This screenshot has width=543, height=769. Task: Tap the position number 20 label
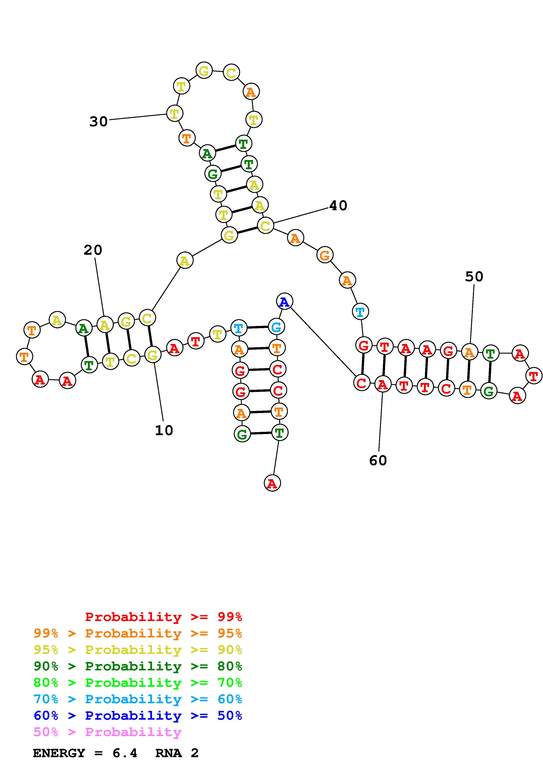tap(93, 250)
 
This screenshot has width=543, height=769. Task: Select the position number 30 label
tap(98, 121)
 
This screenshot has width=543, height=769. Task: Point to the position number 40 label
tap(338, 206)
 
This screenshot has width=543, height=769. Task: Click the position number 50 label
tap(474, 277)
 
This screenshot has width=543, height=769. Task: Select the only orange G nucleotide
tap(325, 255)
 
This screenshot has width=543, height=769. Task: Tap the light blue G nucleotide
tap(276, 327)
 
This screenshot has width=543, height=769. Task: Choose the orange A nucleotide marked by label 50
tap(469, 352)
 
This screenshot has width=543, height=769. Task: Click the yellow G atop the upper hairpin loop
tap(204, 70)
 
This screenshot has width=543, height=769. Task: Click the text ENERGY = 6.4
tap(85, 753)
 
